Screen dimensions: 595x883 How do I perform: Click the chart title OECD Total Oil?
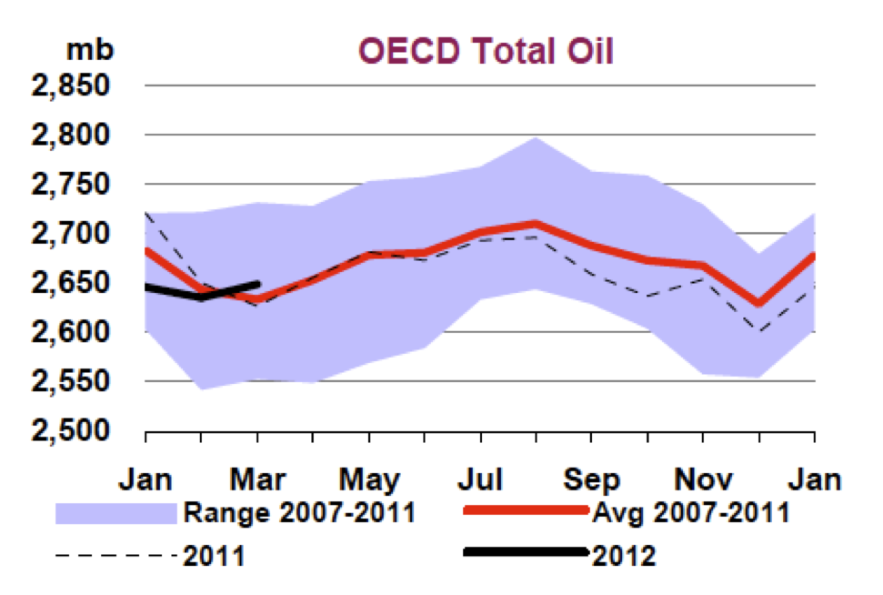486,50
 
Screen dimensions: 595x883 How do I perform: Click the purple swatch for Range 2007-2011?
115,513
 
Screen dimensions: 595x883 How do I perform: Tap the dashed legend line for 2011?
115,555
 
